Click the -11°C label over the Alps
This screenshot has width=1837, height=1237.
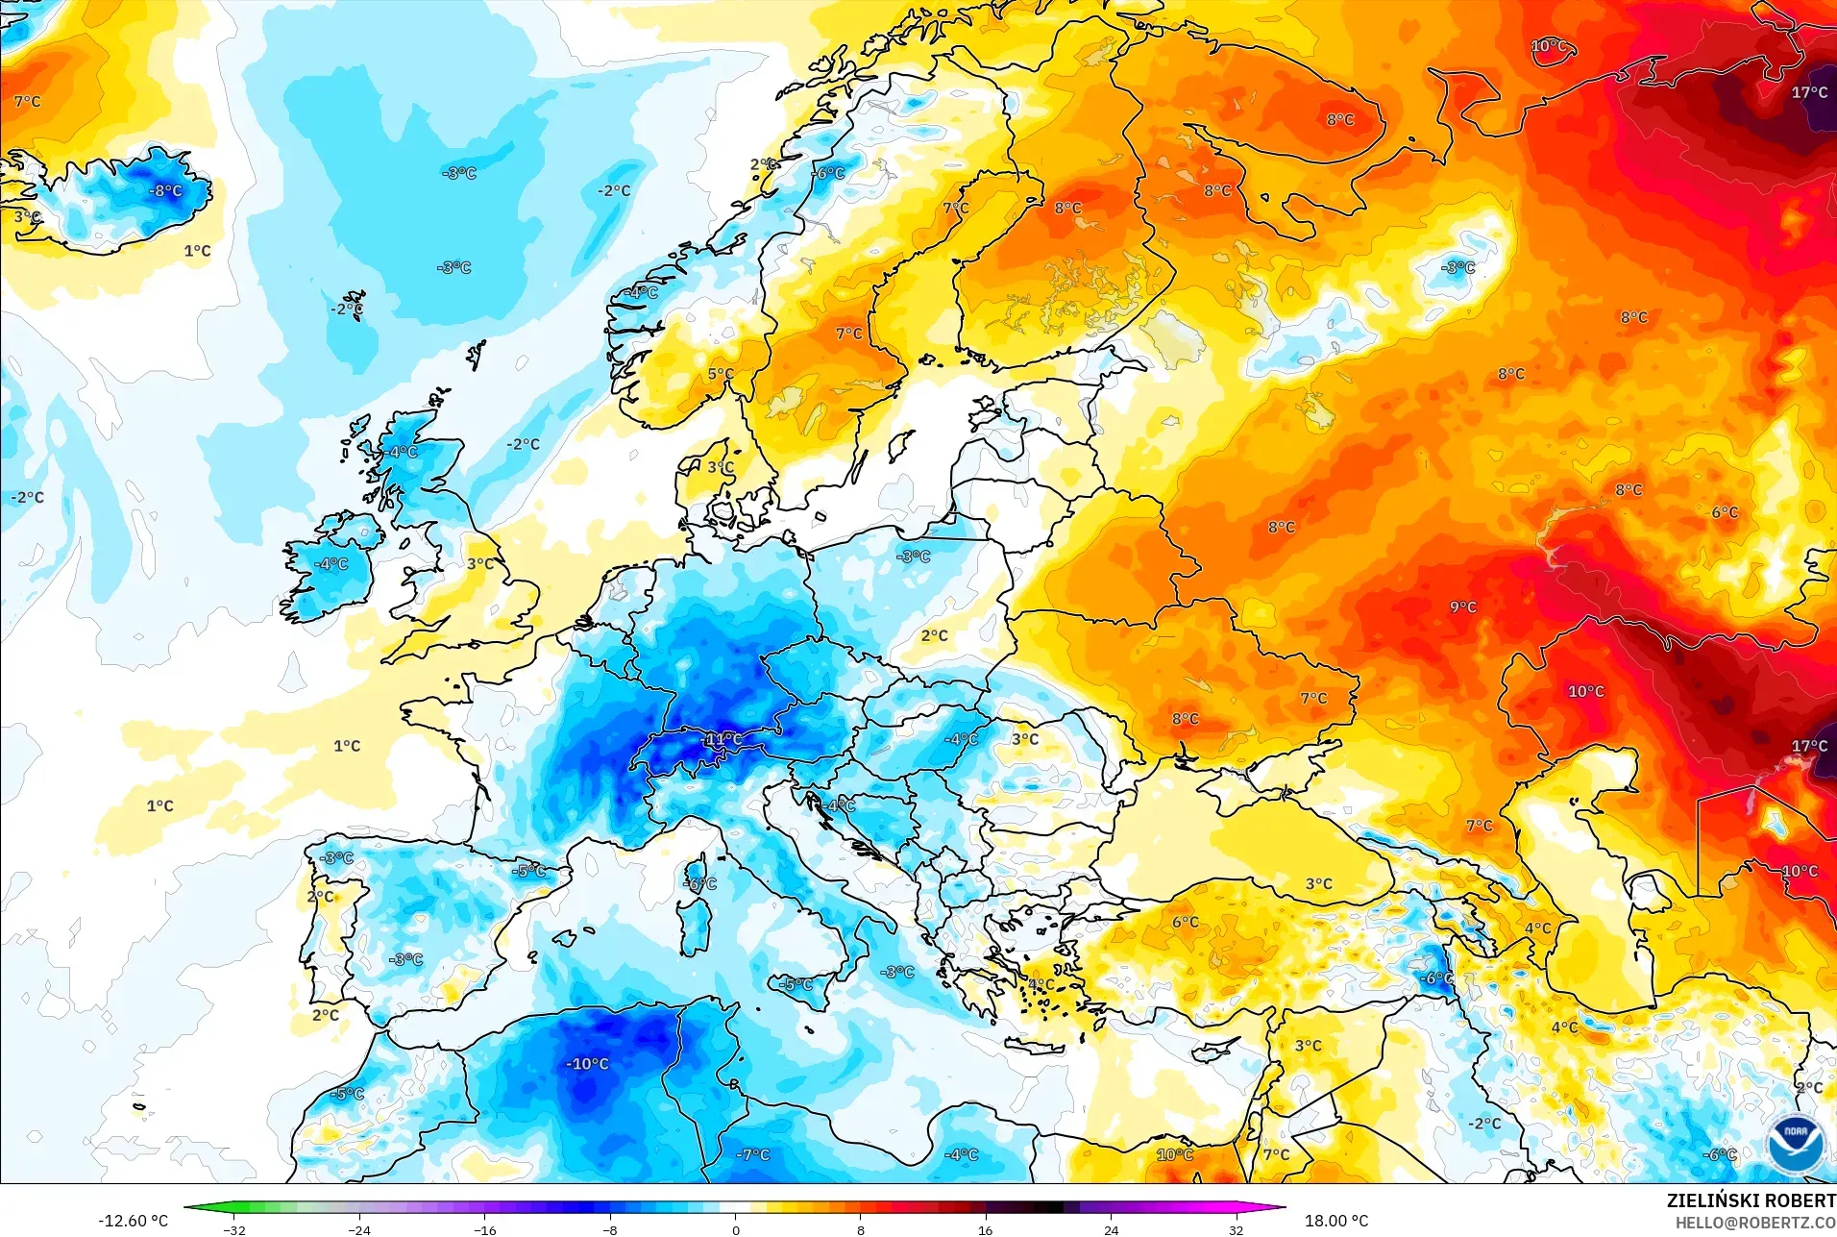tap(723, 739)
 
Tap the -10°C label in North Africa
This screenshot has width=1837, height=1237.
tap(587, 1064)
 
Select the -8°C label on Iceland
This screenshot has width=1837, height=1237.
tap(165, 190)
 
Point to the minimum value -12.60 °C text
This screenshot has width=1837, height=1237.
tap(133, 1221)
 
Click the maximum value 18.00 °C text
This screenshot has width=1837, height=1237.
tap(1335, 1221)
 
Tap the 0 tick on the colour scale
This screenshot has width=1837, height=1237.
tap(736, 1229)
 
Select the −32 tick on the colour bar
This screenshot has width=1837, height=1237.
tap(233, 1229)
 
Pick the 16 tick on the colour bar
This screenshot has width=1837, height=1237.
tap(985, 1229)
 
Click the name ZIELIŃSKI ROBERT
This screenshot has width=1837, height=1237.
tap(1751, 1200)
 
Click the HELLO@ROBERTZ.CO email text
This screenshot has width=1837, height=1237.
tap(1755, 1223)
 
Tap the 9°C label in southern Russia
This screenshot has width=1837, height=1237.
tap(1462, 606)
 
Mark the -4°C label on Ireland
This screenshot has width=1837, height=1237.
tap(331, 563)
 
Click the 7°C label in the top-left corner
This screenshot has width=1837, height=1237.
tap(27, 101)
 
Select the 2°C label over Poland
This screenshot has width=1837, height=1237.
tap(934, 635)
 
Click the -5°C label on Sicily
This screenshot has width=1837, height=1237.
tap(796, 984)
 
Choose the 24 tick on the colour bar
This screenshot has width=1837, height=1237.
tap(1111, 1229)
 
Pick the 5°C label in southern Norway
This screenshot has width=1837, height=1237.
tap(721, 374)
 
